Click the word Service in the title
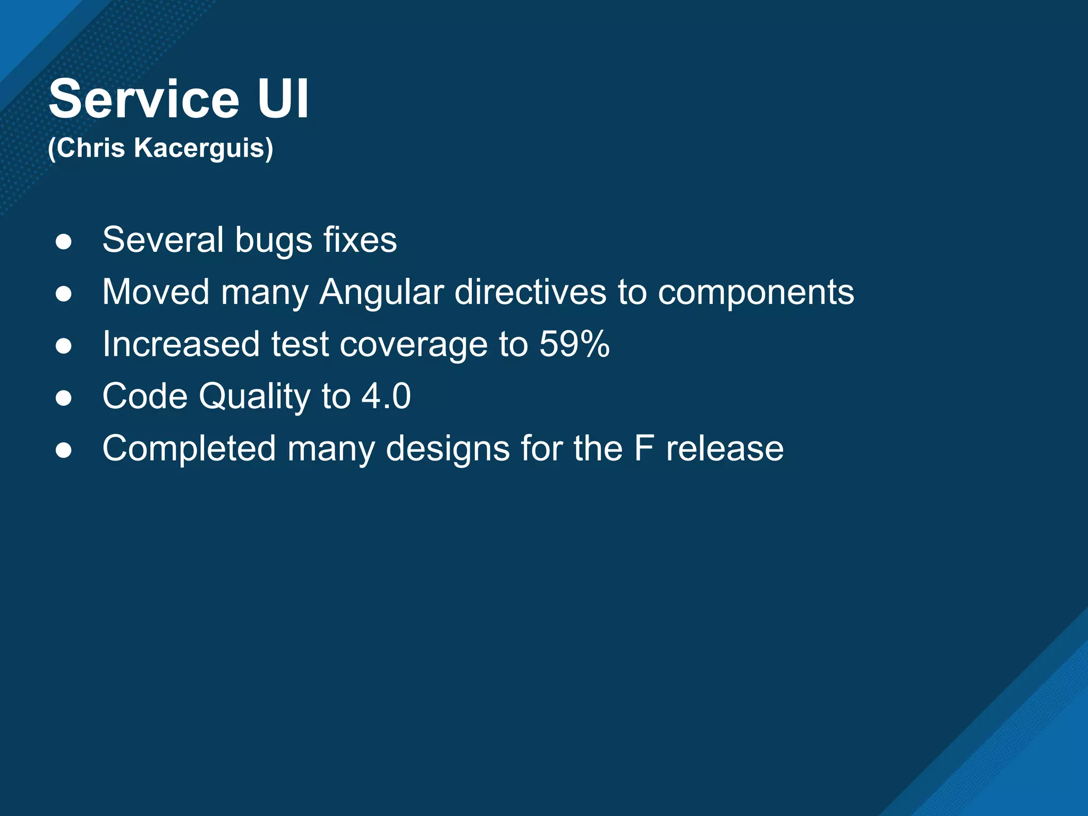point(144,99)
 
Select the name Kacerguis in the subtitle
point(203,148)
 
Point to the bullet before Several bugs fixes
point(64,242)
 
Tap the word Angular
point(381,293)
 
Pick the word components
point(756,293)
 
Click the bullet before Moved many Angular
point(64,294)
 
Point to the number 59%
point(574,344)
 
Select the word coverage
point(413,345)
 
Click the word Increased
point(181,344)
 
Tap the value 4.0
point(386,396)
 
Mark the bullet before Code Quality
point(64,398)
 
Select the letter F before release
point(643,448)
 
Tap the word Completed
point(189,449)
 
